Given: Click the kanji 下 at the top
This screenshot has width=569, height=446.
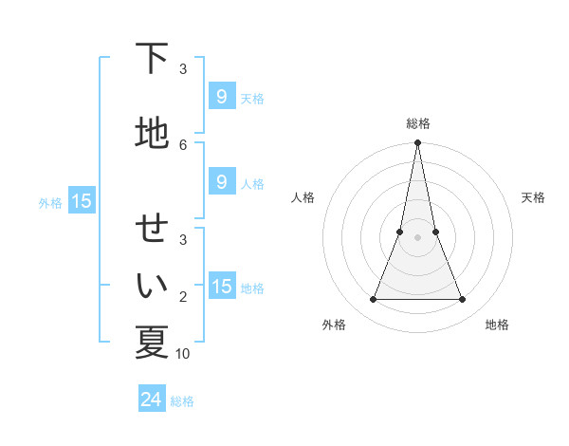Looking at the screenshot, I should [x=152, y=59].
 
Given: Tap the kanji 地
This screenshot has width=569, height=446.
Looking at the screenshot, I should [x=152, y=133].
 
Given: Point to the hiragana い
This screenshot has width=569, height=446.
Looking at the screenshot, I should [x=152, y=285].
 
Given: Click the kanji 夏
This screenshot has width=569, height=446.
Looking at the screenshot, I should [x=152, y=342].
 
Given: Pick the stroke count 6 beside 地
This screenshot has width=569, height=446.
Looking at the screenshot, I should [x=183, y=144].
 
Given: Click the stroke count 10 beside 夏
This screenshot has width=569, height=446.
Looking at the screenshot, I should [x=183, y=353].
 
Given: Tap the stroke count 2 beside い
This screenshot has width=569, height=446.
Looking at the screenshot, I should [x=183, y=297].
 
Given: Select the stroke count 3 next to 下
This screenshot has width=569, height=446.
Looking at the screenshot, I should [x=183, y=68].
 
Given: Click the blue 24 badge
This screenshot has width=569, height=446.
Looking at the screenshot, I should [x=151, y=400].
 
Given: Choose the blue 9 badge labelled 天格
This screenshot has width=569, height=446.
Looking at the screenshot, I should [x=221, y=97].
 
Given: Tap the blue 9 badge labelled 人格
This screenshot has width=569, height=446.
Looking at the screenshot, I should [x=221, y=182].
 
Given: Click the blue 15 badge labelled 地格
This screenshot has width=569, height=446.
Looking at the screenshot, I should [x=221, y=287].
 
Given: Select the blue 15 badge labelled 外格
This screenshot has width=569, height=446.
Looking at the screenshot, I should [x=81, y=200].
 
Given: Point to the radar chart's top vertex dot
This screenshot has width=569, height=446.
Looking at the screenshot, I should [x=417, y=143].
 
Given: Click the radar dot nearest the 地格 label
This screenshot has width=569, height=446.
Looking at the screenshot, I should [x=463, y=300].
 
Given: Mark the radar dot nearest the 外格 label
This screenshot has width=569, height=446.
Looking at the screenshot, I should [x=373, y=300].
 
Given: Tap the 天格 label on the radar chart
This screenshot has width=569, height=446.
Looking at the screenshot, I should [x=533, y=197].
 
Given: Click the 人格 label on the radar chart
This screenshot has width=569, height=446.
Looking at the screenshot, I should [x=303, y=197].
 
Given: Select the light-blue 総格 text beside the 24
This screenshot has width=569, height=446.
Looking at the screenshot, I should [x=182, y=401].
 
